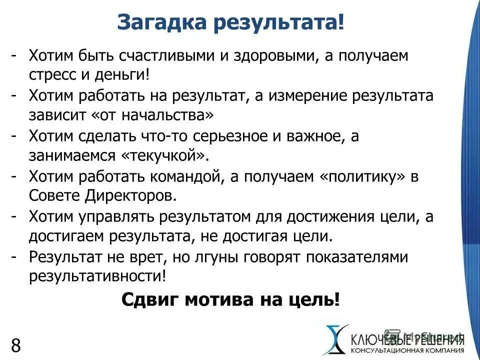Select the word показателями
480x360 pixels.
click(x=352, y=257)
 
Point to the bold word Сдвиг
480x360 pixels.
click(x=150, y=300)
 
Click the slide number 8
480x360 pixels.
click(x=15, y=345)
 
